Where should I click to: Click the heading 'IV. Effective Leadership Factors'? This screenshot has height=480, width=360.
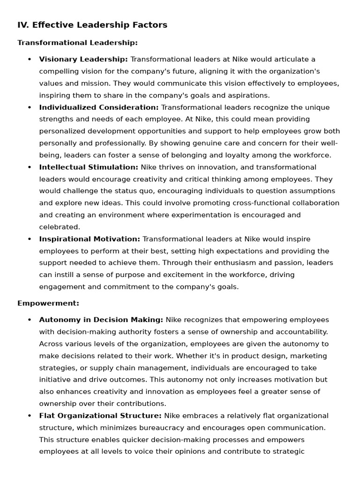pyautogui.click(x=92, y=25)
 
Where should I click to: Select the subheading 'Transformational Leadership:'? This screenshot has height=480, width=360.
pyautogui.click(x=77, y=43)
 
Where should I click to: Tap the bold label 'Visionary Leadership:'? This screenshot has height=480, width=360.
pyautogui.click(x=83, y=60)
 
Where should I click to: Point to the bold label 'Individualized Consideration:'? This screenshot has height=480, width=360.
pyautogui.click(x=99, y=107)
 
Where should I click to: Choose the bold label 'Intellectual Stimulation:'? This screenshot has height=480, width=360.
pyautogui.click(x=89, y=167)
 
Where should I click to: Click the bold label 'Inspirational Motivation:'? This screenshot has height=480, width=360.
pyautogui.click(x=90, y=239)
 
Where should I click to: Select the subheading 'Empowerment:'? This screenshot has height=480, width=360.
pyautogui.click(x=48, y=303)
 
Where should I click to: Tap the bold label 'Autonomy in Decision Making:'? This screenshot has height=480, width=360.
pyautogui.click(x=101, y=320)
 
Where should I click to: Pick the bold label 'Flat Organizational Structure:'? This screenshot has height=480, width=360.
pyautogui.click(x=100, y=416)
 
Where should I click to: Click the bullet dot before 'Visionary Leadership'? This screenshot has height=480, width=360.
pyautogui.click(x=30, y=60)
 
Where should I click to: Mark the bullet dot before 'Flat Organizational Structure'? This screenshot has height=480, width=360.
pyautogui.click(x=30, y=416)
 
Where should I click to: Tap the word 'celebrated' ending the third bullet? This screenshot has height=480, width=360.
pyautogui.click(x=59, y=227)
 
